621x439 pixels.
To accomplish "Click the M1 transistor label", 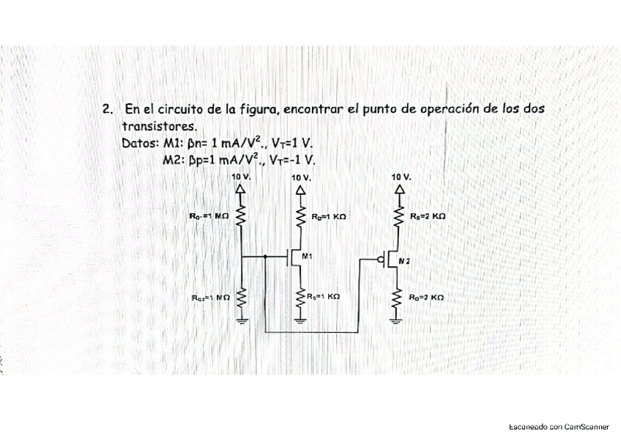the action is point(306,256).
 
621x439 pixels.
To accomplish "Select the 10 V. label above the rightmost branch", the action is point(401,177).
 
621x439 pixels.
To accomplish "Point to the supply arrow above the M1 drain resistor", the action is point(299,189).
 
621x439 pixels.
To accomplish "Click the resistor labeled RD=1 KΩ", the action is point(299,217).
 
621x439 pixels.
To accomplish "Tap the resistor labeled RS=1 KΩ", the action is point(299,298).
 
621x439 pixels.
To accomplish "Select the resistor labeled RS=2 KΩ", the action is point(399,217).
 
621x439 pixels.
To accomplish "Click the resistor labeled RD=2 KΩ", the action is point(399,298).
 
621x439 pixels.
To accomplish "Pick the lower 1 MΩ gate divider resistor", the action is point(242,298).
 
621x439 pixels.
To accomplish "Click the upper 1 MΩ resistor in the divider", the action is point(242,217).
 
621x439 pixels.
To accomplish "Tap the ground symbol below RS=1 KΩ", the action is point(299,318).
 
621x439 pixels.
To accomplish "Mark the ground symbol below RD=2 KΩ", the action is point(399,318).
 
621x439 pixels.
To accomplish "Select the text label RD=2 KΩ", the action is point(428,298).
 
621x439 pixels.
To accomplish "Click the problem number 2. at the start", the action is point(108,109).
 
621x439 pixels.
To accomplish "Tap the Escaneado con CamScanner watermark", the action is point(559,426).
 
